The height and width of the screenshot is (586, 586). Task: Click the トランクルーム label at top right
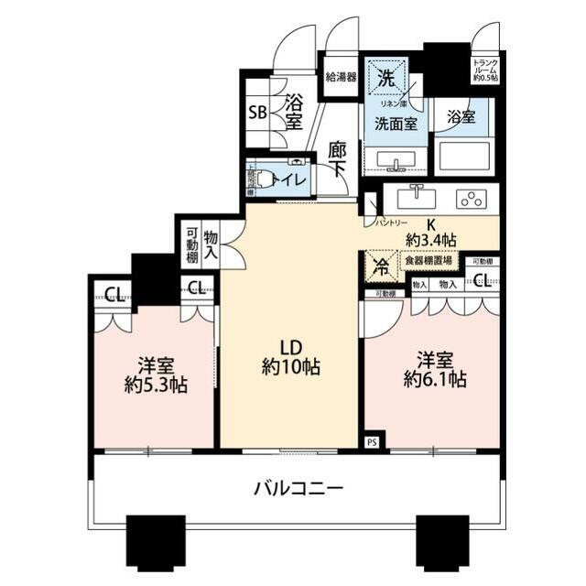tap(485, 71)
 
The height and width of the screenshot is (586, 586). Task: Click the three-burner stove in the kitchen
tap(472, 199)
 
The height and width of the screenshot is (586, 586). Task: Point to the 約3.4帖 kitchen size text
tap(431, 240)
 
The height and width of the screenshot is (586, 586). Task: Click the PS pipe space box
tap(371, 440)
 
